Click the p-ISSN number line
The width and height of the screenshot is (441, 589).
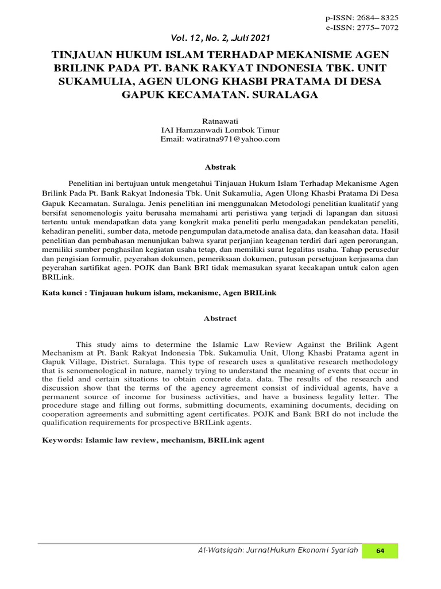click(x=362, y=18)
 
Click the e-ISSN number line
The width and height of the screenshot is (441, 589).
click(x=362, y=28)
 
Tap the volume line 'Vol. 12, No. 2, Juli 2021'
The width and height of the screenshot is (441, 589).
click(x=220, y=38)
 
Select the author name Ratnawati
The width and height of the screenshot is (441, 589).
click(x=220, y=121)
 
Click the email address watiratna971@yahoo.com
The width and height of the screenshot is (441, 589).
click(x=220, y=139)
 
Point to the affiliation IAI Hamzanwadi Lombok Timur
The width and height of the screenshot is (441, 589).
click(x=220, y=130)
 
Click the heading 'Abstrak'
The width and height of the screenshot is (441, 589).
click(x=220, y=167)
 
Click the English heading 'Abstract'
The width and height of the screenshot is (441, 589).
click(x=220, y=318)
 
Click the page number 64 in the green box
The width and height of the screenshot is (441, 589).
click(x=380, y=551)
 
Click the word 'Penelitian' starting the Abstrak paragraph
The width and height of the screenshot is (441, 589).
click(x=87, y=182)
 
